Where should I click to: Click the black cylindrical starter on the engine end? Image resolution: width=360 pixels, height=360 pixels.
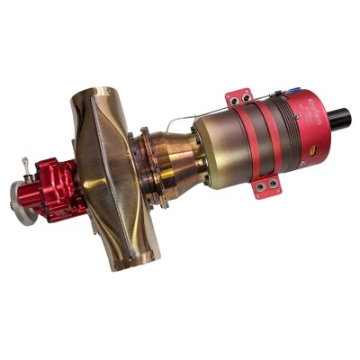[x=340, y=118]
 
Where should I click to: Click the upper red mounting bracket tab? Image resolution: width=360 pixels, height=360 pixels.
[x=239, y=97]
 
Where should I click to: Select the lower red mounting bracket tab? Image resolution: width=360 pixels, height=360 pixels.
[x=266, y=186]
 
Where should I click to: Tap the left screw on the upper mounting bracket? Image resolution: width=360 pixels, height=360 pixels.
[x=233, y=94]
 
